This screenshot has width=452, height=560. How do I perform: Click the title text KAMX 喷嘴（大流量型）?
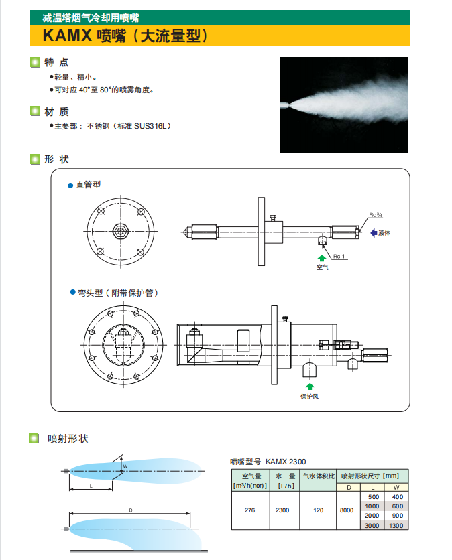[127, 36]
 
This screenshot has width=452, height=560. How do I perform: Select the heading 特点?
[56, 62]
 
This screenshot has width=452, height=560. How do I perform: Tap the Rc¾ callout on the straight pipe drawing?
[375, 215]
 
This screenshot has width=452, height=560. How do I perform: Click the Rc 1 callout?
[339, 256]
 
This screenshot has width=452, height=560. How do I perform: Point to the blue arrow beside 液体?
[373, 232]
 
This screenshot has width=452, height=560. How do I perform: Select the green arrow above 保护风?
[309, 387]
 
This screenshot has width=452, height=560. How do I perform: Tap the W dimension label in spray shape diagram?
[124, 466]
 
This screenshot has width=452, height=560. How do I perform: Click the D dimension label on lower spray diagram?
[130, 510]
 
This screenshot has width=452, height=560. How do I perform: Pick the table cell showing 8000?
[347, 510]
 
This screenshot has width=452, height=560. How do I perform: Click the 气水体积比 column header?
[318, 475]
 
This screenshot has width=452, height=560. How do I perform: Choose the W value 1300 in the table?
[396, 526]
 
